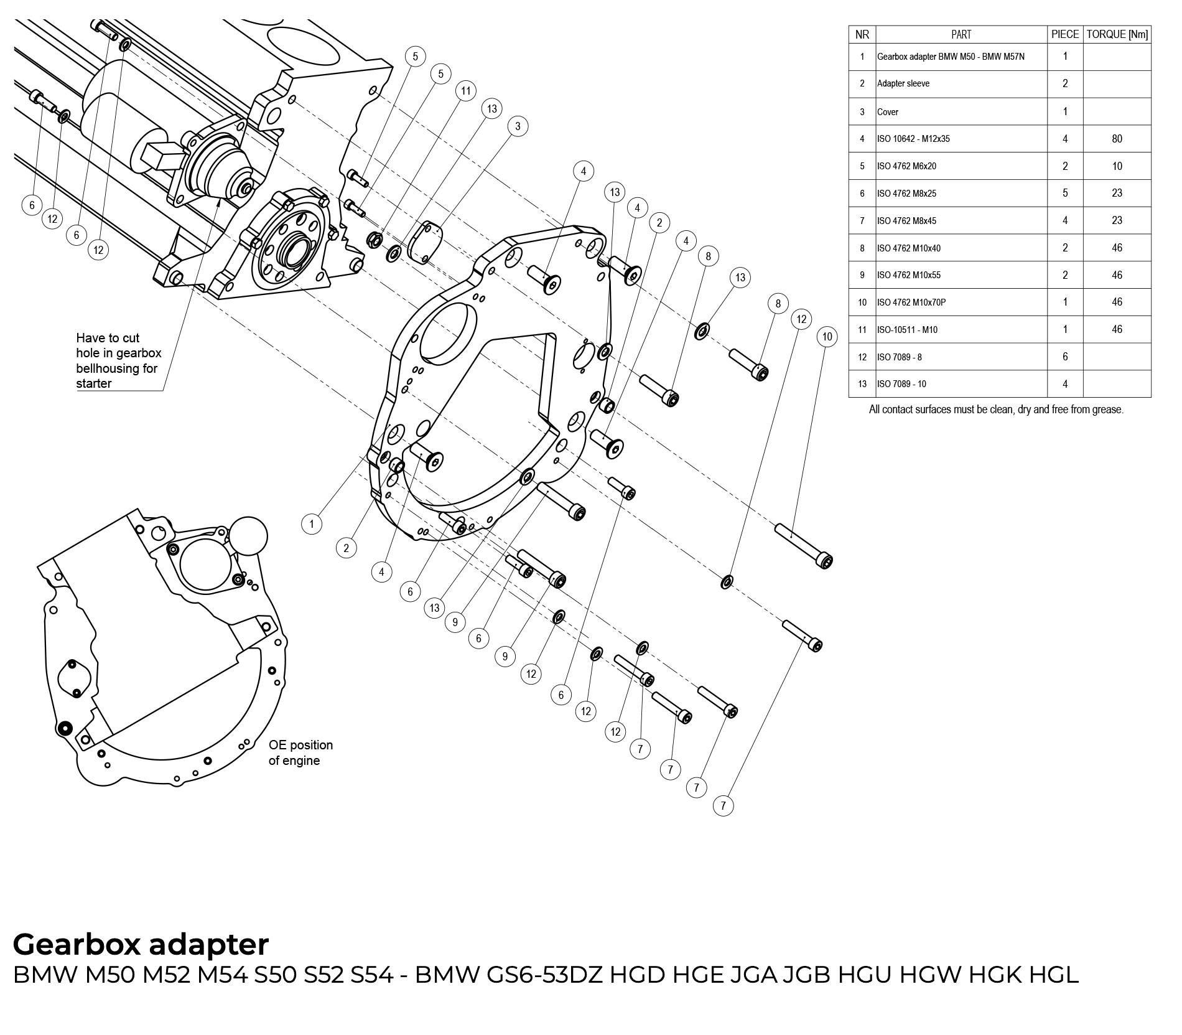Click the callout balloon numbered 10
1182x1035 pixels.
point(827,337)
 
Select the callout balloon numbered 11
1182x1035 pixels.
point(465,91)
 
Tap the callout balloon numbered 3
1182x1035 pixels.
point(518,126)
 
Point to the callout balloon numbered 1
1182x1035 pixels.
point(312,524)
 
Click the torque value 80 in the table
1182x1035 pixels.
point(1117,139)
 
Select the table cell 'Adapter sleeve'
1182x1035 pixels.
point(903,84)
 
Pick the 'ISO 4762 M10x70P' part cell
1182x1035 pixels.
point(911,302)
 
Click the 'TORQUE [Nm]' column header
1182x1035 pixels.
point(1117,35)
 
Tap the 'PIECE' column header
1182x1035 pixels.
point(1064,35)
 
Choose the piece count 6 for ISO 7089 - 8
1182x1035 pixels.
point(1064,357)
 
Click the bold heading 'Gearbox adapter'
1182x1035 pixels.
point(141,944)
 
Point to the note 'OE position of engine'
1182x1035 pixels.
point(300,752)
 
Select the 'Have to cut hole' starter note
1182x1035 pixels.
point(118,360)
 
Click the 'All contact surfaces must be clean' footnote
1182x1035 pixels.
point(996,410)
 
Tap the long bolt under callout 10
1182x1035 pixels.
point(804,546)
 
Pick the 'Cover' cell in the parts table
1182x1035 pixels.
point(888,112)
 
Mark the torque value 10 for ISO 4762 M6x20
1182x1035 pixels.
point(1117,166)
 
